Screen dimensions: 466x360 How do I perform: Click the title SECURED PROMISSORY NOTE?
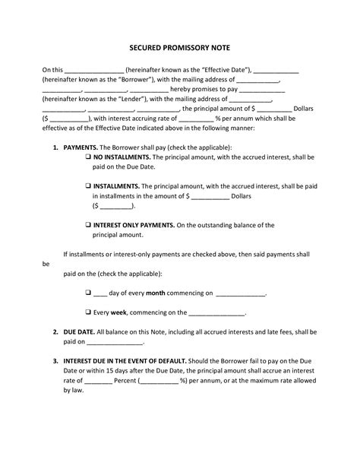point(179,46)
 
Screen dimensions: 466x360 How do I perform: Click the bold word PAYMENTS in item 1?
point(79,146)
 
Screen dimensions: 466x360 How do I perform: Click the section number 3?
point(55,360)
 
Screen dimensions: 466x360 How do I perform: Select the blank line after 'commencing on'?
point(241,292)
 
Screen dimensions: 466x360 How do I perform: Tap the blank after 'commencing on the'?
point(216,312)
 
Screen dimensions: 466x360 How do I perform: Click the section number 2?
point(55,331)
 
